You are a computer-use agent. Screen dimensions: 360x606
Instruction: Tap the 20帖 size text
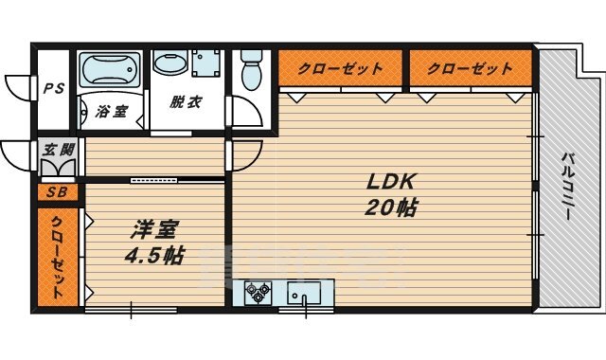click(387, 207)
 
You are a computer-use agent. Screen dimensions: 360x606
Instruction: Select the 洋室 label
click(150, 230)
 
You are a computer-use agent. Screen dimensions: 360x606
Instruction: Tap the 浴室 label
click(112, 112)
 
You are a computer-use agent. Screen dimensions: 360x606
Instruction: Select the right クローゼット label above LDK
click(469, 69)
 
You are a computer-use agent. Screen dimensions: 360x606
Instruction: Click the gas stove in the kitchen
click(257, 295)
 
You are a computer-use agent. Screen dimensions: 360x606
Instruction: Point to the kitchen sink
click(306, 295)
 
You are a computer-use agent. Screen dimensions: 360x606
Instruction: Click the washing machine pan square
click(206, 65)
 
